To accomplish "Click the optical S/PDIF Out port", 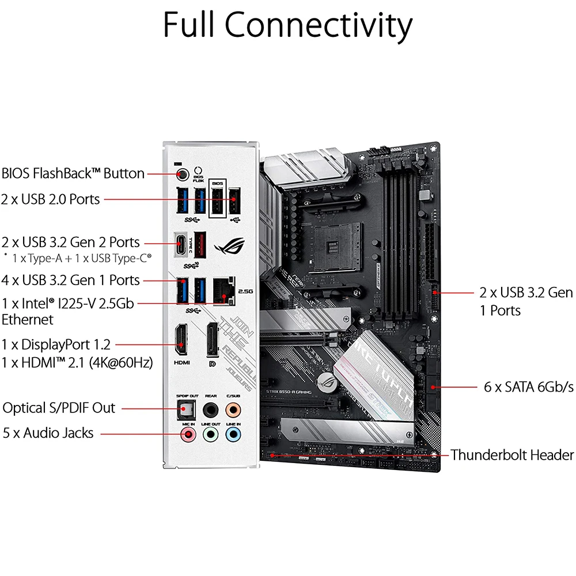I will click(x=187, y=409).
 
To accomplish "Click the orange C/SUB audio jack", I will click(x=233, y=409).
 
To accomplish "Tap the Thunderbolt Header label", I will click(x=512, y=454).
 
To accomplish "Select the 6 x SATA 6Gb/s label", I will click(x=528, y=386).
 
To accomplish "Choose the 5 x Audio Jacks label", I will click(x=48, y=433).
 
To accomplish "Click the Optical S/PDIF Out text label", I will click(x=59, y=408).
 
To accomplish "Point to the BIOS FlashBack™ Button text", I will click(x=73, y=173).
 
